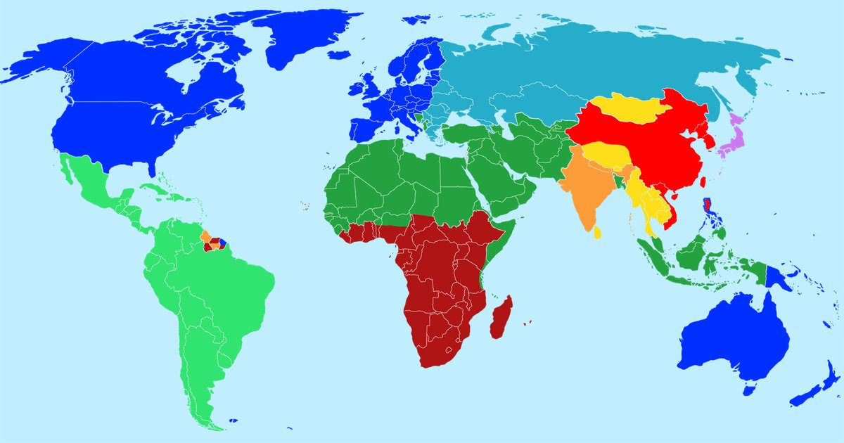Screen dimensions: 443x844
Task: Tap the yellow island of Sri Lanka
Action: (x=597, y=232)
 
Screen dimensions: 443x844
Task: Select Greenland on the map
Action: (x=302, y=35)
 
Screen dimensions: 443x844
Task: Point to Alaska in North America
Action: (x=42, y=63)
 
